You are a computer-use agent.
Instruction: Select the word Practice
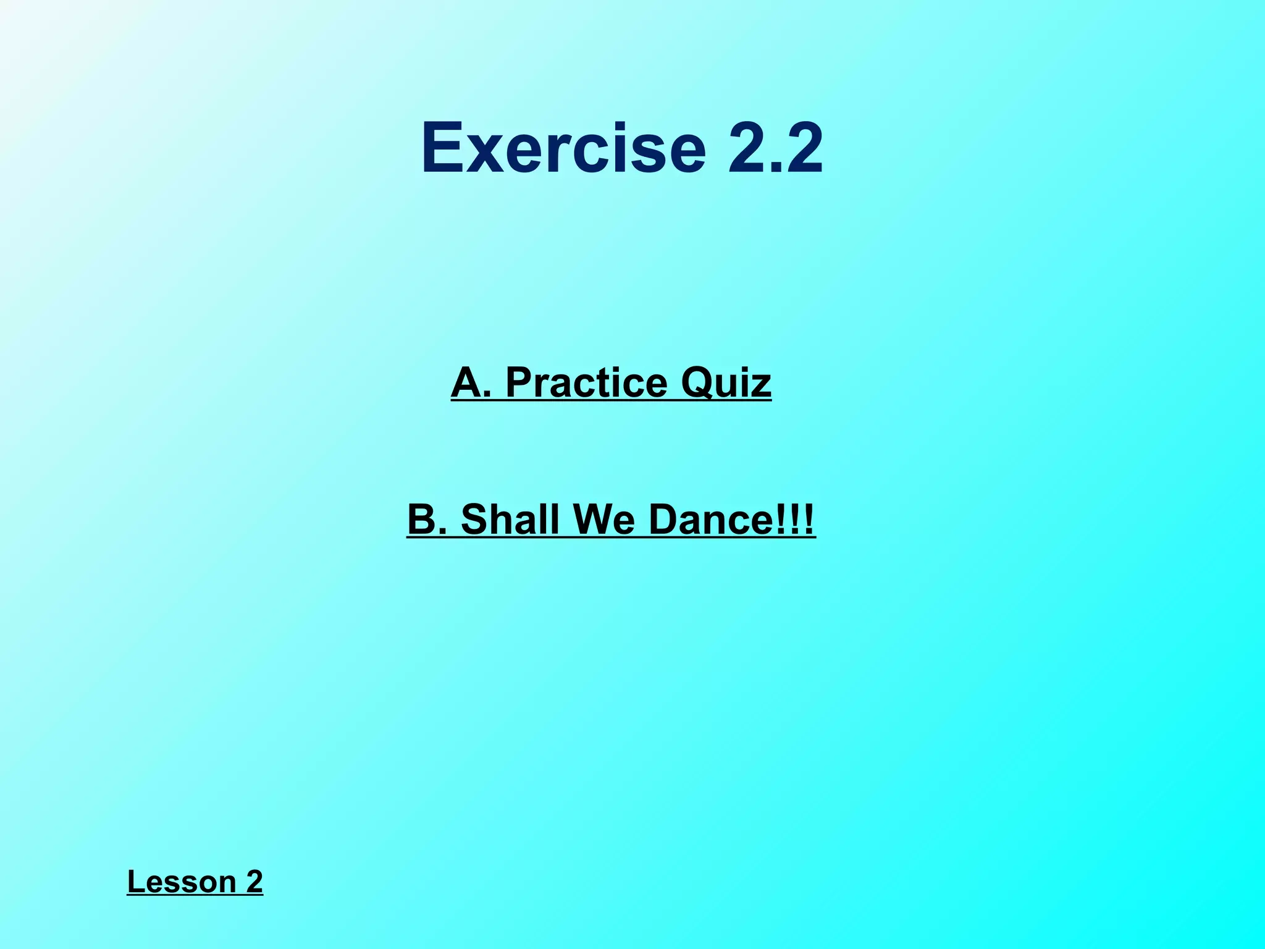point(586,383)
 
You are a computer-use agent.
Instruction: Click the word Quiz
point(726,383)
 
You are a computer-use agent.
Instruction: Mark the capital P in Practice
point(519,383)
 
